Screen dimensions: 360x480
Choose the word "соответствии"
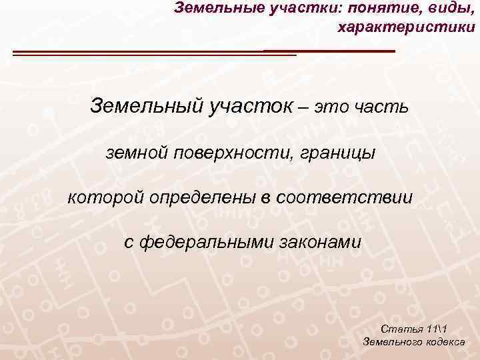tap(348, 198)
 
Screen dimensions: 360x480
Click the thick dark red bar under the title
tap(329, 51)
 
